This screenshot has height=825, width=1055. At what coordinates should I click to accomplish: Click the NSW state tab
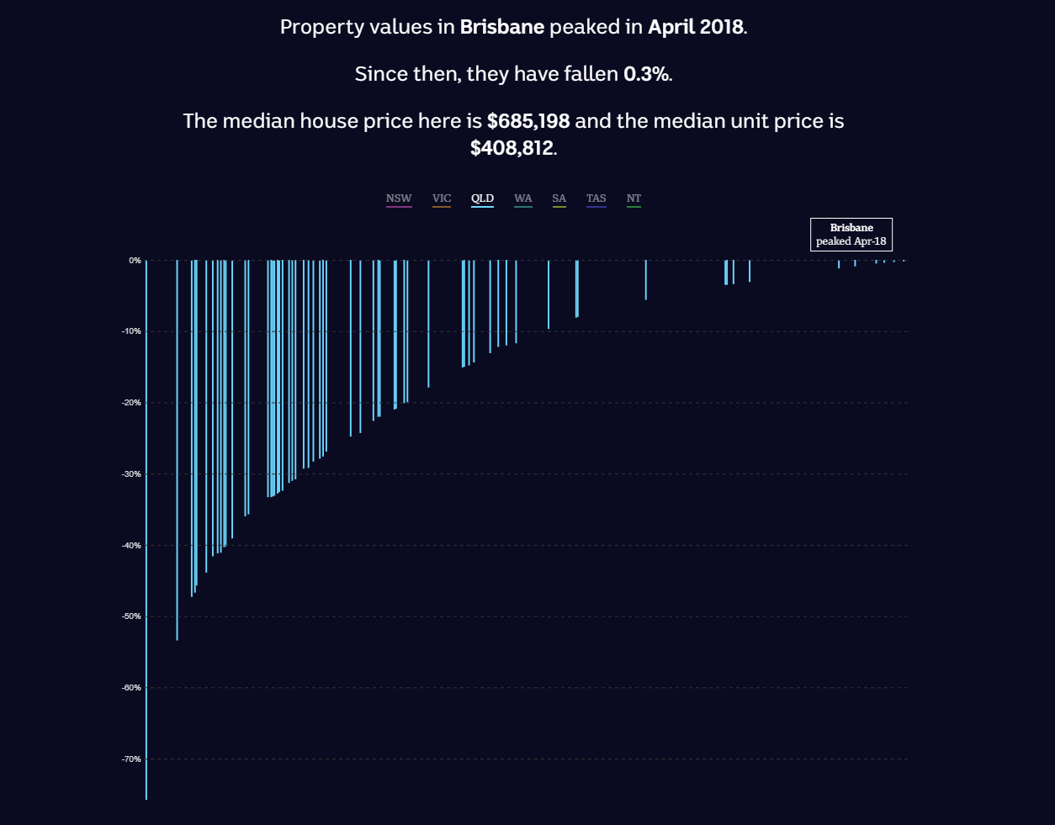pos(399,198)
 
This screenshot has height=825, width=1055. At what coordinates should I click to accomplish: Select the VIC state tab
pos(442,198)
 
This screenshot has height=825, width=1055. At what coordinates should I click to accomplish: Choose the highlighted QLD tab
pos(482,198)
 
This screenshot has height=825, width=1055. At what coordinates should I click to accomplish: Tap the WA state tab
pos(523,198)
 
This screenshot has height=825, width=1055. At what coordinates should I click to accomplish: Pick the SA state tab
pos(559,198)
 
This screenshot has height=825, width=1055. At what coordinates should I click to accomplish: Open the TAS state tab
pos(596,198)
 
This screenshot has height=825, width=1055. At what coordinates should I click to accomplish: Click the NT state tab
pos(634,198)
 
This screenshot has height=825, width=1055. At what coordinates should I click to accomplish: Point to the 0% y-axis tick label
pos(135,261)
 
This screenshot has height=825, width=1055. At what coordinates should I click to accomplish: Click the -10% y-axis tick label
pos(131,331)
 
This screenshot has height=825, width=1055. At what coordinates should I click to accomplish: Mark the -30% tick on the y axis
pos(131,474)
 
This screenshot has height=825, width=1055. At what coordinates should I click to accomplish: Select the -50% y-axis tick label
pos(131,616)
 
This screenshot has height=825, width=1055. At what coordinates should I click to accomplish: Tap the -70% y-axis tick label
pos(131,759)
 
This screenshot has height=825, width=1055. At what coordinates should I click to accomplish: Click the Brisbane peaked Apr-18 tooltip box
pos(851,235)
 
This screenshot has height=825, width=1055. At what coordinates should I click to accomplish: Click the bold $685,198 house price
pos(528,121)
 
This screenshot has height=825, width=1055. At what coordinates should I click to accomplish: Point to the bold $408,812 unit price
pos(512,148)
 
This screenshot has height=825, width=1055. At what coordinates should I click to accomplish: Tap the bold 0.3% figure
pos(646,74)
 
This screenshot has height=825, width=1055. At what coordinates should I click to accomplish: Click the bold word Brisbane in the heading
pos(502,27)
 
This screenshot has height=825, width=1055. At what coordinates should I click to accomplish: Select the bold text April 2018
pos(696,27)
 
